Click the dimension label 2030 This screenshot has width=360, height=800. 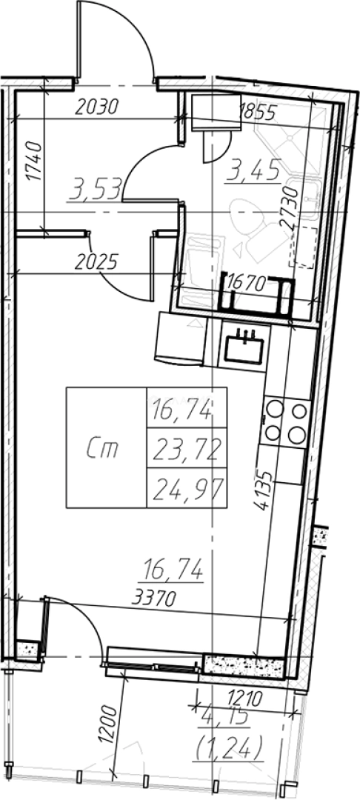click(96, 107)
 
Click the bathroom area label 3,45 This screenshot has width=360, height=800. click(254, 173)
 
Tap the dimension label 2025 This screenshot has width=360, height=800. click(96, 261)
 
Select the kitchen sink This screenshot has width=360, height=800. click(244, 346)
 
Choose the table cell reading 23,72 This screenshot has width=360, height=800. click(186, 448)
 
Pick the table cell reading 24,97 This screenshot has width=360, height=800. click(186, 489)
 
